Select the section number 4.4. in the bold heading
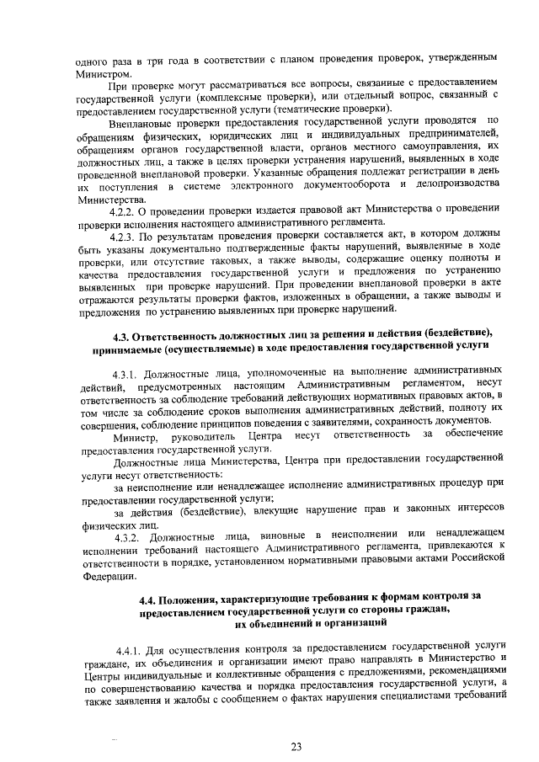click(x=150, y=596)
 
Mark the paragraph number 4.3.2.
click(x=130, y=537)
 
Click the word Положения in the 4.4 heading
click(x=195, y=596)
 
